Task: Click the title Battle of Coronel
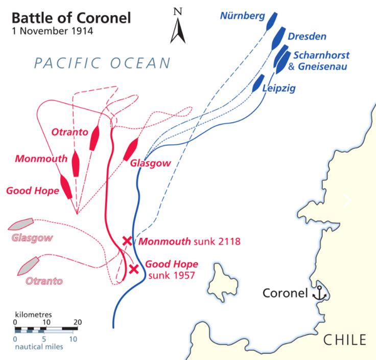[71, 18]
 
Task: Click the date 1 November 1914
[52, 31]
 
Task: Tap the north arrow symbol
[178, 26]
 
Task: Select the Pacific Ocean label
[102, 63]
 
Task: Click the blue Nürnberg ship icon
[271, 20]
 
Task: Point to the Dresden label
[307, 37]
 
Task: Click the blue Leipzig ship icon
[258, 83]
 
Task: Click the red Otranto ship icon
[94, 138]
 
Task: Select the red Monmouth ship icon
[77, 163]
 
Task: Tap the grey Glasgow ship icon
[21, 224]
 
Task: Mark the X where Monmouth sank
[128, 241]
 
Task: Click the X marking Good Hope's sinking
[134, 269]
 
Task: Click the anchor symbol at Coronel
[319, 293]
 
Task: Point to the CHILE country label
[345, 339]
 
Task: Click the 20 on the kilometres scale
[78, 322]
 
